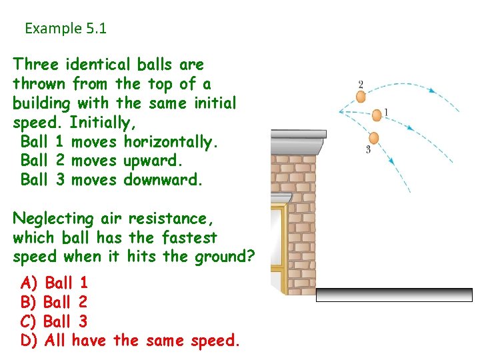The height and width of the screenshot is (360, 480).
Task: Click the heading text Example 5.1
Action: click(x=65, y=29)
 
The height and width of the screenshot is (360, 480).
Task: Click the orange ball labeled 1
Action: click(x=377, y=115)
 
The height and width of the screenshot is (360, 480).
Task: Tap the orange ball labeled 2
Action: click(x=361, y=97)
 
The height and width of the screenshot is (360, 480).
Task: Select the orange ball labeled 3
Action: click(x=373, y=138)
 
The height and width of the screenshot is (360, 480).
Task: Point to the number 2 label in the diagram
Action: click(x=361, y=84)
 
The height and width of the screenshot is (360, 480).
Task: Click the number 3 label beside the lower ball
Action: click(x=368, y=149)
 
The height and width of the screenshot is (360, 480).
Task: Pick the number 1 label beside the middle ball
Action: click(x=386, y=111)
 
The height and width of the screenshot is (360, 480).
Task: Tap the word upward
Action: click(x=153, y=161)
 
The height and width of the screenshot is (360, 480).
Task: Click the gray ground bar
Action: click(x=393, y=295)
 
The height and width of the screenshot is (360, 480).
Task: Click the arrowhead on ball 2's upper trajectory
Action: click(x=431, y=91)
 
